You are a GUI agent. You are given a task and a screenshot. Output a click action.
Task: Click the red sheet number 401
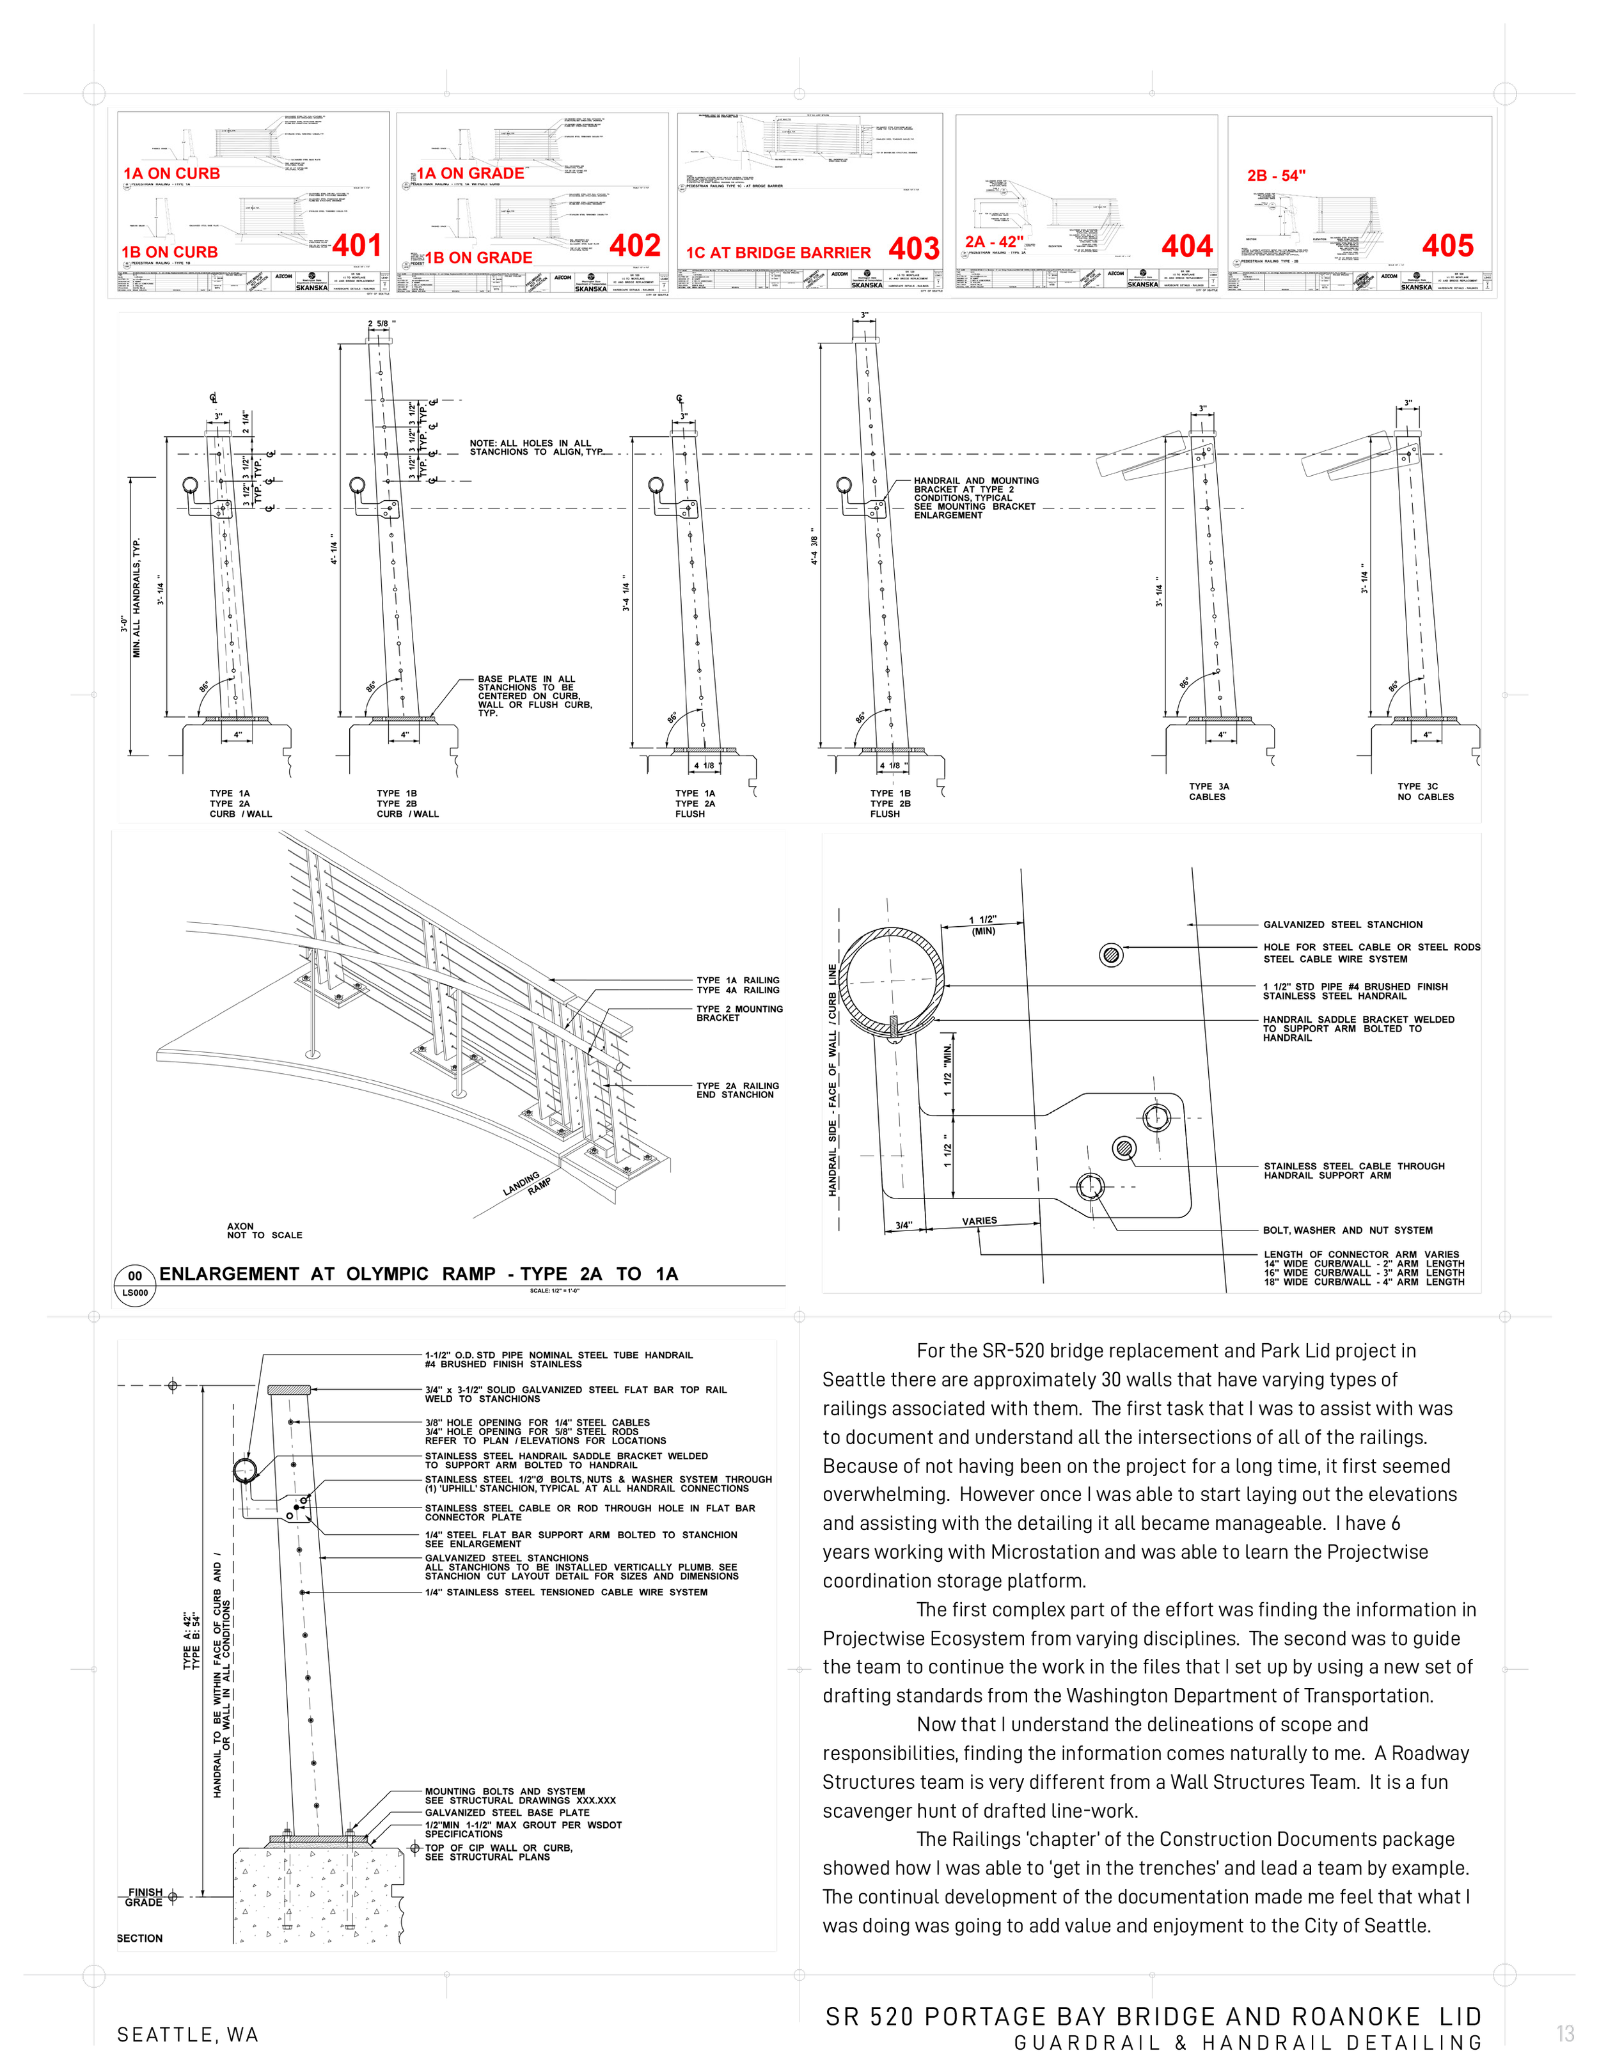tap(357, 246)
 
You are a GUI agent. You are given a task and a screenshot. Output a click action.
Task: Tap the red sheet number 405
tap(1447, 246)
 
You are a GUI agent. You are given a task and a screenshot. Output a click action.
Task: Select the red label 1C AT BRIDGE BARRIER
tap(778, 253)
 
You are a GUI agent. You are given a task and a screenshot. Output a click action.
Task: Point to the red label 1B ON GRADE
tap(478, 258)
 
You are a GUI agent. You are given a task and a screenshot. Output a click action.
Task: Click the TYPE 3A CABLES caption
tap(1209, 791)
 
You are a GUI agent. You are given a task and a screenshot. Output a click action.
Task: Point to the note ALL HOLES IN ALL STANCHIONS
tap(535, 447)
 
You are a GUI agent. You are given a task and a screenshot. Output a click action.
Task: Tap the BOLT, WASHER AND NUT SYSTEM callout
tap(1347, 1230)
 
